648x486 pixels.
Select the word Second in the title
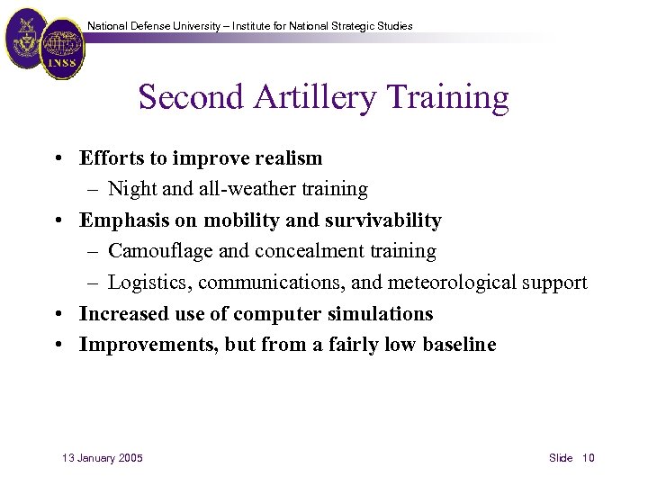[x=184, y=98]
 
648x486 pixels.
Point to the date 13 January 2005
[x=103, y=458]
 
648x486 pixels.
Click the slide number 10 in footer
[x=589, y=458]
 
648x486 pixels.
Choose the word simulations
[x=384, y=313]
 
